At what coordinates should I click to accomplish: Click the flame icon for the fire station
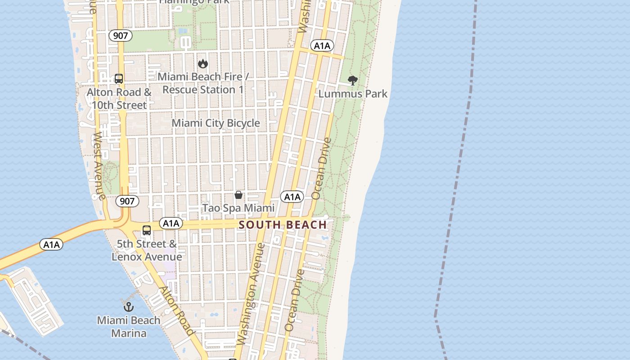[203, 63]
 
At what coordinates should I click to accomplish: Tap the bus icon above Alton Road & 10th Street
[119, 79]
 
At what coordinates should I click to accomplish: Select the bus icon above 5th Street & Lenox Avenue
[147, 230]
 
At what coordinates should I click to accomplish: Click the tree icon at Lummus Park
[353, 81]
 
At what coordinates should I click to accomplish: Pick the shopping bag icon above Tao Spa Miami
[238, 195]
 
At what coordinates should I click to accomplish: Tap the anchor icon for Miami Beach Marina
[129, 307]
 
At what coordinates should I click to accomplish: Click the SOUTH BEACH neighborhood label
[283, 225]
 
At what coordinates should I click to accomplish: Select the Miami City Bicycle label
[216, 123]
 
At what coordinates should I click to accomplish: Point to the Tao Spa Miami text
[238, 208]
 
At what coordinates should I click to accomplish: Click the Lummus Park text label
[353, 94]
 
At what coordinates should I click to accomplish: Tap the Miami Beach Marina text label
[129, 327]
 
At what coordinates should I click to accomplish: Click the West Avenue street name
[99, 166]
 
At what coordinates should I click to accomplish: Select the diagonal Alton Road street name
[177, 311]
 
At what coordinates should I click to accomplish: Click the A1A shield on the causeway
[51, 244]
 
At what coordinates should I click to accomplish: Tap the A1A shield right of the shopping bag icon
[292, 197]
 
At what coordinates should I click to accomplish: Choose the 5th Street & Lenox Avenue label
[147, 250]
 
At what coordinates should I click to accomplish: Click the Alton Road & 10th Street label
[119, 99]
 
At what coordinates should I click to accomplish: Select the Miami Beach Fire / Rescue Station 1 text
[203, 83]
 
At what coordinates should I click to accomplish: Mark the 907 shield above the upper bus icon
[120, 36]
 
